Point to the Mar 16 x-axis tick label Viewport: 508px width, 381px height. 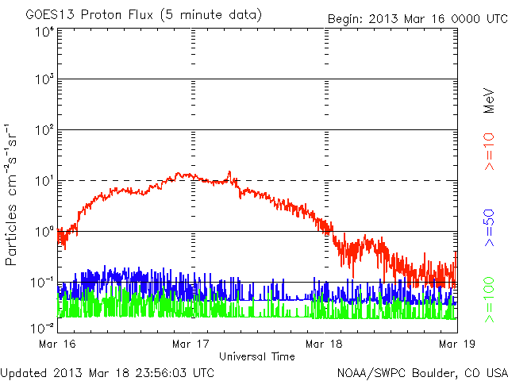tap(58, 344)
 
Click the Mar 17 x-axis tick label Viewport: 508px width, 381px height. tap(190, 344)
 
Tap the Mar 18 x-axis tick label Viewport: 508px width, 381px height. tap(324, 344)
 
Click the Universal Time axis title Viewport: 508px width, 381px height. tap(256, 356)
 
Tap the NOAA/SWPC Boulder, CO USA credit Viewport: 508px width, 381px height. tap(421, 372)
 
